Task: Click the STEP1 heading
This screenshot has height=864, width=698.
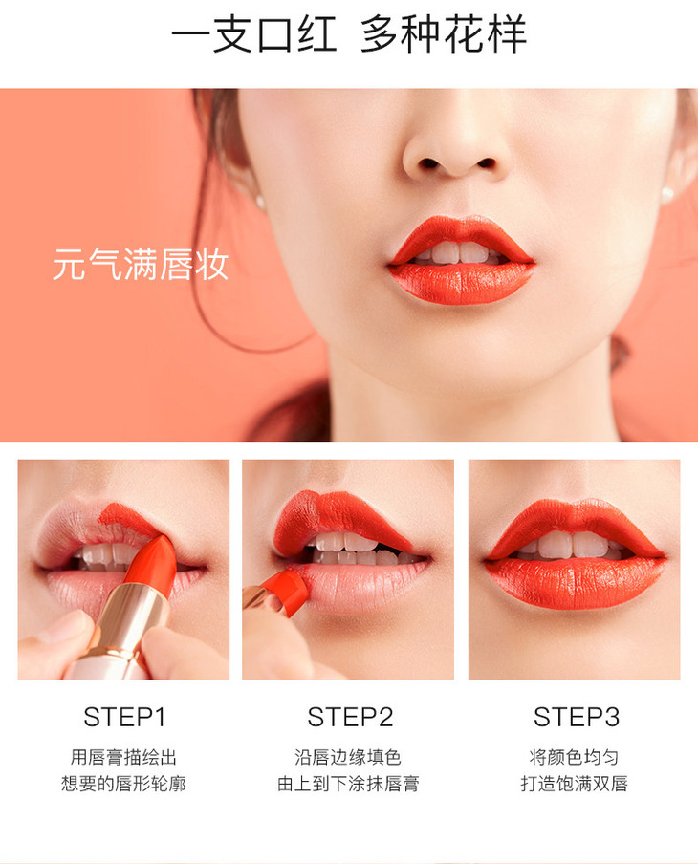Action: tap(124, 717)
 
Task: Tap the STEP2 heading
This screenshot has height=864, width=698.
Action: tap(350, 717)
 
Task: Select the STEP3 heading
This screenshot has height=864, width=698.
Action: tap(577, 717)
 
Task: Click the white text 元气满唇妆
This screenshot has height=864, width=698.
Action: tap(141, 264)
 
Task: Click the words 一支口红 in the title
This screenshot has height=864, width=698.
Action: tap(254, 34)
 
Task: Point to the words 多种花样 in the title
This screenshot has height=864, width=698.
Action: tap(444, 34)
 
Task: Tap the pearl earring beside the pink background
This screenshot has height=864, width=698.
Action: tap(260, 203)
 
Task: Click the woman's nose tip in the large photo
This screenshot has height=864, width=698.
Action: tap(456, 157)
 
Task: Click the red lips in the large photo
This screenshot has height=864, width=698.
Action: tap(461, 260)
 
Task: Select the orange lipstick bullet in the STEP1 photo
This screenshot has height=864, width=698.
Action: tap(152, 560)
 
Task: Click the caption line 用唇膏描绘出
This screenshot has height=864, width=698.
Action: tap(123, 757)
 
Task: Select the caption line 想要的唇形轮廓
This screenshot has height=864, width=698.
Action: tap(123, 783)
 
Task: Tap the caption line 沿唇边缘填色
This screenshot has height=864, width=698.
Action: tap(348, 757)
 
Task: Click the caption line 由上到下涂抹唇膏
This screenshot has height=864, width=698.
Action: tap(348, 783)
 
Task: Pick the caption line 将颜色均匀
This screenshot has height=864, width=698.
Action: tap(574, 757)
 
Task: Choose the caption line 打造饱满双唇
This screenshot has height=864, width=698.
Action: tap(574, 783)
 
